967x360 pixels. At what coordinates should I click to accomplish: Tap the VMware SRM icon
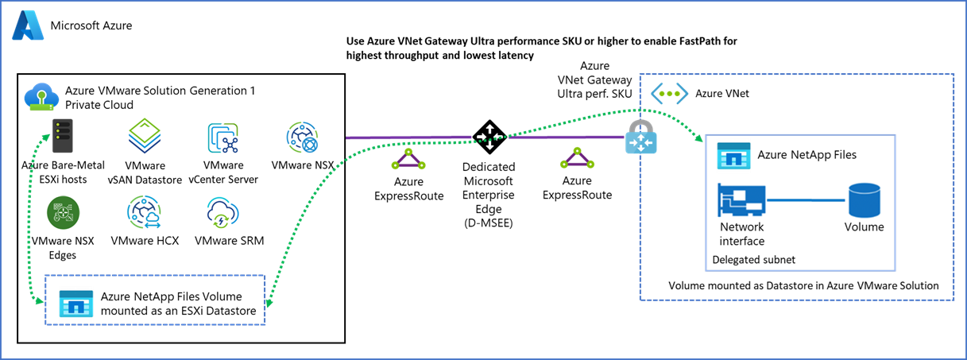point(223,215)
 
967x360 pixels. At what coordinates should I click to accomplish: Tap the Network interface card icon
point(742,200)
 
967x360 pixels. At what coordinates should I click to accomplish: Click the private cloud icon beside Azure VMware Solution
point(41,98)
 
